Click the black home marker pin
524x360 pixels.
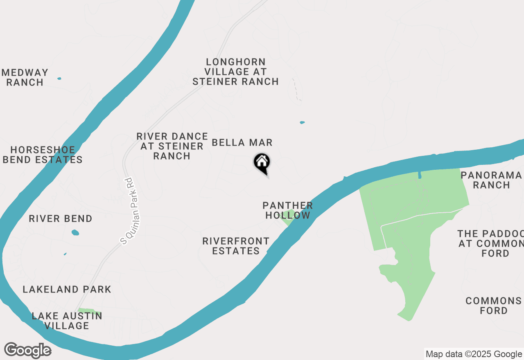coord(262,162)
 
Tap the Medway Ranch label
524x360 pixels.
coord(25,77)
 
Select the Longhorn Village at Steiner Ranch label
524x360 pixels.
coord(235,72)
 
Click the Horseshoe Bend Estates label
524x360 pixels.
coord(42,155)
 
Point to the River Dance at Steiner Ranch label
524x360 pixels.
coord(172,146)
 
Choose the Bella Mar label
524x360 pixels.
coord(242,142)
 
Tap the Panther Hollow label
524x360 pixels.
coord(288,210)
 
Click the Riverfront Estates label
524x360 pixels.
coord(236,246)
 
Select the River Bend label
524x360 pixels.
coord(61,218)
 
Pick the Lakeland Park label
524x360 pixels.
coord(67,289)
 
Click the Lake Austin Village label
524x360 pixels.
coord(67,321)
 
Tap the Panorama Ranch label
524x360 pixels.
coord(491,180)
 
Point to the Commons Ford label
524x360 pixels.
coord(493,306)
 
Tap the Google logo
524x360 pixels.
coord(27,350)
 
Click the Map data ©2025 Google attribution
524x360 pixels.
coord(474,354)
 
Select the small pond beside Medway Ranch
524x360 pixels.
coord(59,78)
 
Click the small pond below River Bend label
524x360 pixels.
coord(75,232)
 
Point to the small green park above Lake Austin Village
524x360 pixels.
coord(89,311)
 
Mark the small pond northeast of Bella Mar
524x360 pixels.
coord(302,122)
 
